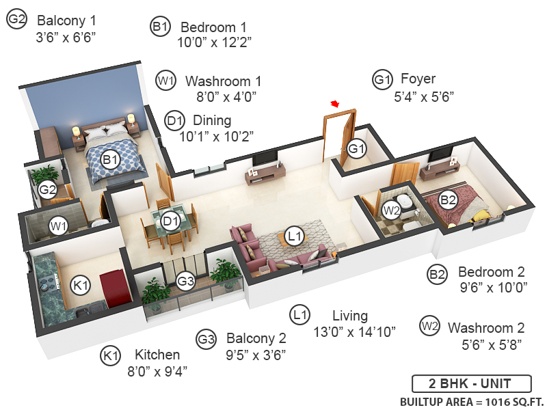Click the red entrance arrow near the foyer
(x=335, y=104)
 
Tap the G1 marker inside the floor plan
(x=357, y=148)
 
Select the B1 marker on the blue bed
(x=111, y=160)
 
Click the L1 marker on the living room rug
(x=295, y=236)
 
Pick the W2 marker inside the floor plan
(x=391, y=210)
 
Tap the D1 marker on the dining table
(x=170, y=221)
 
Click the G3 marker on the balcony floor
(x=186, y=280)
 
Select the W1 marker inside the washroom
(x=57, y=224)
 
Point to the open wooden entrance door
(x=339, y=137)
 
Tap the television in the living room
(x=265, y=159)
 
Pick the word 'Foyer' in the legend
(x=418, y=79)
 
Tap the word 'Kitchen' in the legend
(x=157, y=355)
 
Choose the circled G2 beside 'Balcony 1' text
(x=16, y=20)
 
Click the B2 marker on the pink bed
(x=448, y=200)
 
